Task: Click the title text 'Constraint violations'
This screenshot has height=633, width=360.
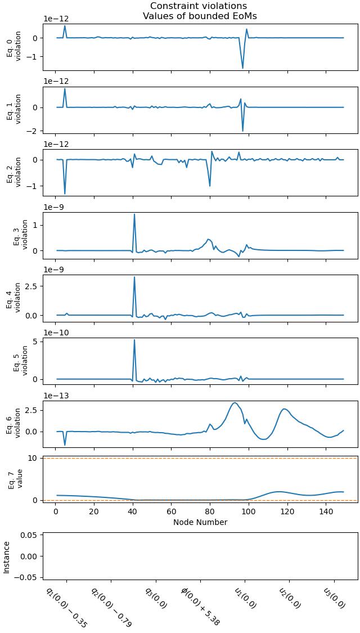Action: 200,6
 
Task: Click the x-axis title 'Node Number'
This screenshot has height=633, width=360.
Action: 200,522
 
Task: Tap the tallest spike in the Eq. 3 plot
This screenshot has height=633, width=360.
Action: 134,214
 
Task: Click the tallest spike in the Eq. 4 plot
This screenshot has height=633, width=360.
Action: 134,277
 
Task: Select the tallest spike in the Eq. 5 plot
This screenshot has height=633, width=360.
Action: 134,340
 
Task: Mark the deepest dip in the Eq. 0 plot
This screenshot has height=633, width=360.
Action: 243,68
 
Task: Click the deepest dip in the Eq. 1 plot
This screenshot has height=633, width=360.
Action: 243,131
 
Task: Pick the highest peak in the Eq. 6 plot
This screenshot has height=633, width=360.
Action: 235,403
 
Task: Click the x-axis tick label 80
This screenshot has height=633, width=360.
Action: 210,512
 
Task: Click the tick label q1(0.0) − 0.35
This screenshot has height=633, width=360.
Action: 66,607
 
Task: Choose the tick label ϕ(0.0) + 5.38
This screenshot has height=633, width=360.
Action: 200,606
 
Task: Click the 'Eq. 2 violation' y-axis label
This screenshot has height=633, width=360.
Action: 13,172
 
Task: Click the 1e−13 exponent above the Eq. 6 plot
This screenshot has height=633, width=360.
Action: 56,396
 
